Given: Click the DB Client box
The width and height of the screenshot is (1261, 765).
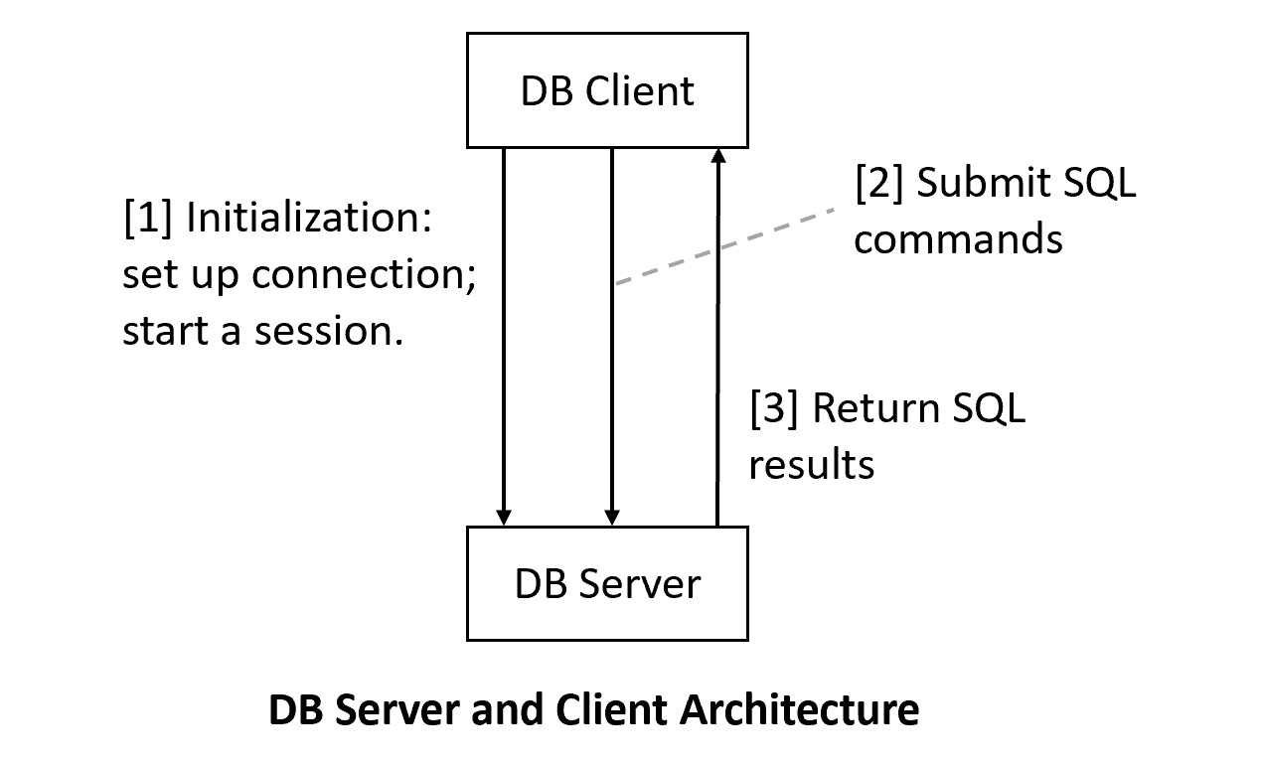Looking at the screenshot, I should (607, 90).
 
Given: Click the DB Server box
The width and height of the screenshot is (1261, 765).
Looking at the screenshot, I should (607, 583).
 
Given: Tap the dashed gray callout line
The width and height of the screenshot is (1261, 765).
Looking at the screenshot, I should (725, 247).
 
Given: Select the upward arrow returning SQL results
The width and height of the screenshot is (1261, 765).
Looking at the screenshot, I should (717, 338).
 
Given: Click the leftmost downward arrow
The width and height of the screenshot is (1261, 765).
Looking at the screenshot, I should (504, 338).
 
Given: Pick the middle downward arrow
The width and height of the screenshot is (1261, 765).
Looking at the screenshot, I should (612, 397).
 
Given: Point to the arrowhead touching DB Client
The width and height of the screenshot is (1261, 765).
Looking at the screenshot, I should (717, 157).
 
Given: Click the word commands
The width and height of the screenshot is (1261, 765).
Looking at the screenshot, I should (958, 239).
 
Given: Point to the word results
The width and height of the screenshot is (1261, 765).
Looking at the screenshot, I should (811, 464).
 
